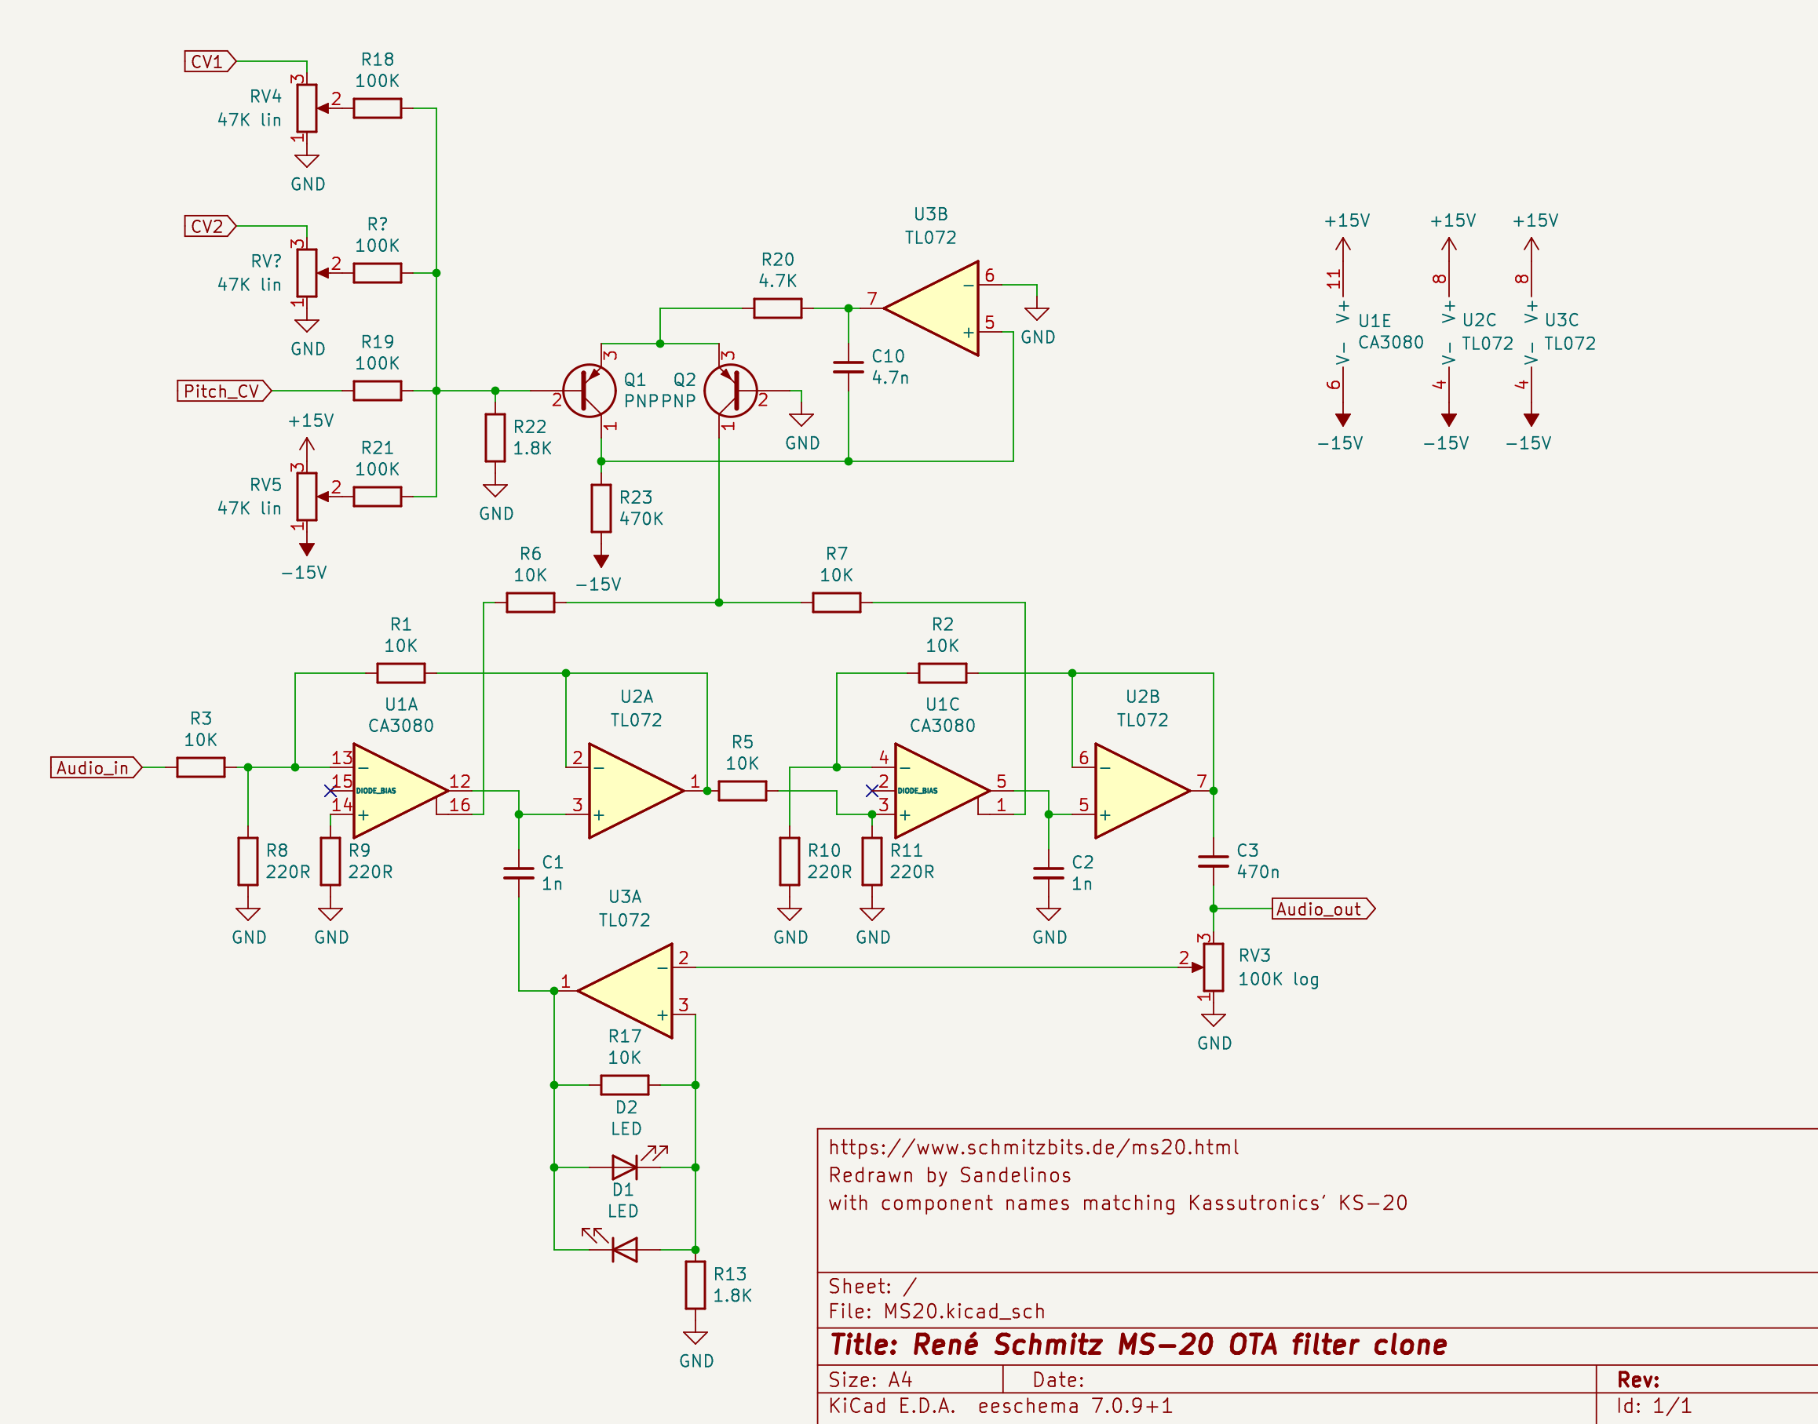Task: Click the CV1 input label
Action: click(x=209, y=62)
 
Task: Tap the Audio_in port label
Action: click(x=94, y=768)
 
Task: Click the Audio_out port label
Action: click(x=1321, y=909)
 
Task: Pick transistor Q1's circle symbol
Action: click(x=589, y=390)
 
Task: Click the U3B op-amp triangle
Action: click(x=934, y=308)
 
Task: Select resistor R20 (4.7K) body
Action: click(x=777, y=308)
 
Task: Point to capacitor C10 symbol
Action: click(x=848, y=367)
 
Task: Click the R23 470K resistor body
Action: click(x=601, y=508)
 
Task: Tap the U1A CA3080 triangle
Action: click(x=396, y=790)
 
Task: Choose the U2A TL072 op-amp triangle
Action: click(x=632, y=790)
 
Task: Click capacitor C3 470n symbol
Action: click(x=1213, y=861)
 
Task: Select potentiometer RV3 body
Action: click(x=1213, y=967)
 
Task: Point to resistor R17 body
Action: click(x=624, y=1085)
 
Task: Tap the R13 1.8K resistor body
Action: click(x=695, y=1285)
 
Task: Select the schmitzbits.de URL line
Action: click(x=1033, y=1147)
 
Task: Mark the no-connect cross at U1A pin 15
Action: click(x=330, y=790)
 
